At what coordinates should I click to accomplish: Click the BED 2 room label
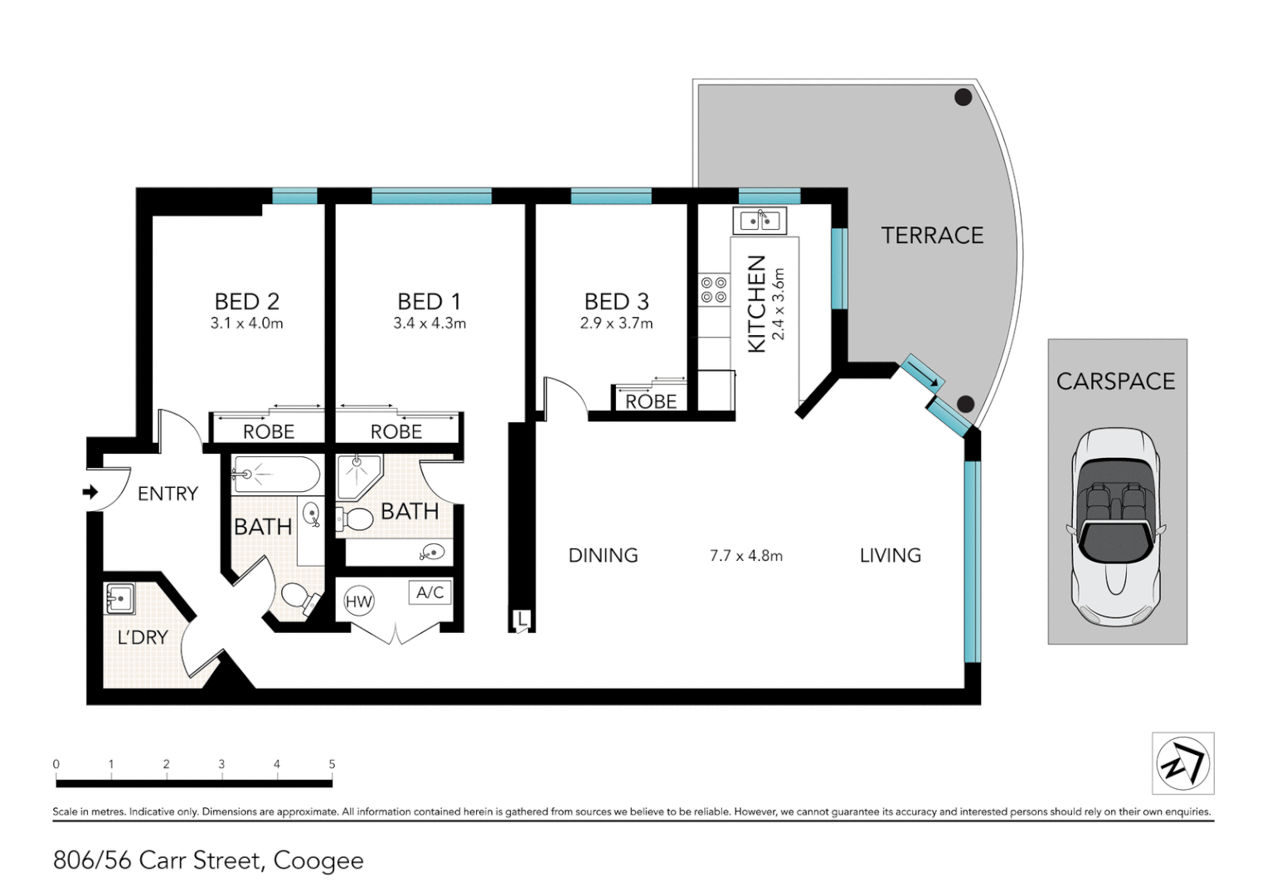pyautogui.click(x=246, y=301)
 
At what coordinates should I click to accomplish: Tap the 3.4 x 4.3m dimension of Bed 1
pyautogui.click(x=430, y=324)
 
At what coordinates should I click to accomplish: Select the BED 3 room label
pyautogui.click(x=616, y=301)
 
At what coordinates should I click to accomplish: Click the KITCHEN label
pyautogui.click(x=756, y=304)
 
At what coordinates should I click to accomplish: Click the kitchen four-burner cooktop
pyautogui.click(x=714, y=290)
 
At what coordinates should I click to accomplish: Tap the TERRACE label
pyautogui.click(x=932, y=236)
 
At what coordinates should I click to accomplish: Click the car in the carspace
pyautogui.click(x=1116, y=528)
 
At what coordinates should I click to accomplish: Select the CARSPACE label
pyautogui.click(x=1116, y=382)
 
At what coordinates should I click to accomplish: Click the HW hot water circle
pyautogui.click(x=359, y=601)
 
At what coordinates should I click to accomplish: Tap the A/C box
pyautogui.click(x=430, y=592)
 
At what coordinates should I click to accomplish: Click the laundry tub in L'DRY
pyautogui.click(x=120, y=599)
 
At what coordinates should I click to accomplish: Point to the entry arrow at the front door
pyautogui.click(x=90, y=493)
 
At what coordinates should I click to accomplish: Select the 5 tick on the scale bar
pyautogui.click(x=332, y=765)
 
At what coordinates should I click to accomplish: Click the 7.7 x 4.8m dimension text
pyautogui.click(x=746, y=556)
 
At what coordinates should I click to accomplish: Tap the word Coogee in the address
pyautogui.click(x=318, y=861)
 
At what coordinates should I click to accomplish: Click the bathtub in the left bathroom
pyautogui.click(x=276, y=475)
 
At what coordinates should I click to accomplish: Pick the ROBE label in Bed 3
pyautogui.click(x=651, y=402)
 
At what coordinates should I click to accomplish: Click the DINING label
pyautogui.click(x=603, y=556)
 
